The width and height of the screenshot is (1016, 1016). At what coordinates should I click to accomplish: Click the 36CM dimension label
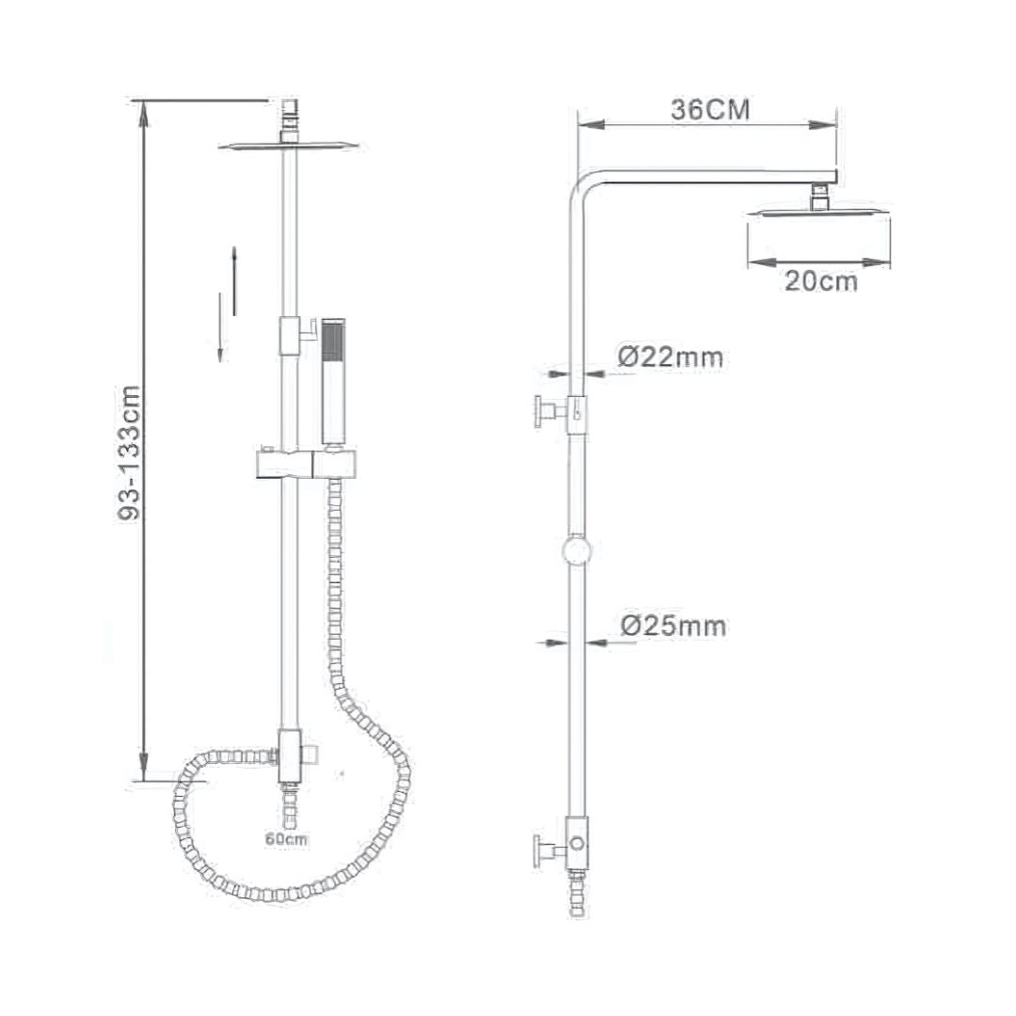(x=711, y=109)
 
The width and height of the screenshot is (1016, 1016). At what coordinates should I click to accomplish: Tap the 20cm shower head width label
(x=821, y=281)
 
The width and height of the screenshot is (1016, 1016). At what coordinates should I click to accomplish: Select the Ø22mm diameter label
(x=670, y=357)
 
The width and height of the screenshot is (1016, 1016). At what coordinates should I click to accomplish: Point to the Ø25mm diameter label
(x=674, y=626)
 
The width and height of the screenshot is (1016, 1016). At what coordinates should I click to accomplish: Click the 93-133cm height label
(x=129, y=453)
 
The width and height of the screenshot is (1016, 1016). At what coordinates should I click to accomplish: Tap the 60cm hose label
(x=287, y=838)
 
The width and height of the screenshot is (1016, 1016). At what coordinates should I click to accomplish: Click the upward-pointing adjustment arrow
(x=234, y=280)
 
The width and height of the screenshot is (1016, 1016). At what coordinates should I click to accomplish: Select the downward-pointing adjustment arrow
(x=220, y=326)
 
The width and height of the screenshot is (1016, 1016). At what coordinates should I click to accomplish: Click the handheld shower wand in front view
(x=333, y=382)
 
